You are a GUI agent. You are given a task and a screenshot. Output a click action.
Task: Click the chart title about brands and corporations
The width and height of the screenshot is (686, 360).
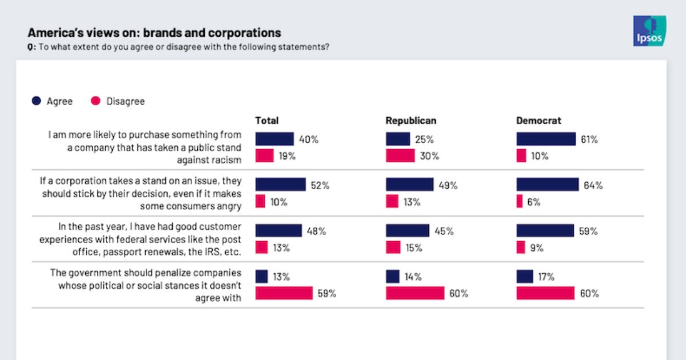(154, 33)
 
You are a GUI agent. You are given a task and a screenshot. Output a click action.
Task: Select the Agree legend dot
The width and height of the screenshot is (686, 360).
(36, 101)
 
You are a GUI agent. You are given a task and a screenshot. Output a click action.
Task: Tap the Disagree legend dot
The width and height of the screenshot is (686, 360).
(96, 101)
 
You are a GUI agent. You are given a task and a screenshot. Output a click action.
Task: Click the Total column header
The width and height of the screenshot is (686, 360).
(267, 121)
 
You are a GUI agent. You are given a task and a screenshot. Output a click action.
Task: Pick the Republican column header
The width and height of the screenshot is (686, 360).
(410, 121)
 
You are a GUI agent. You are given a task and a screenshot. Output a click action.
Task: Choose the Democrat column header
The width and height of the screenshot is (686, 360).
(539, 121)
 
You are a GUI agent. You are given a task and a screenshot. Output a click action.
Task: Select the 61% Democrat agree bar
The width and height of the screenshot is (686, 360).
(546, 139)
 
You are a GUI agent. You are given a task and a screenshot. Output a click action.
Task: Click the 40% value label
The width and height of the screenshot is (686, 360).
(308, 139)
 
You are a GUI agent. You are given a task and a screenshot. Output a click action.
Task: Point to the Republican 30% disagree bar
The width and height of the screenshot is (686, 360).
(400, 156)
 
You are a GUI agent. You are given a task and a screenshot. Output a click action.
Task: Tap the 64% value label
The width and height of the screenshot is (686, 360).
(593, 185)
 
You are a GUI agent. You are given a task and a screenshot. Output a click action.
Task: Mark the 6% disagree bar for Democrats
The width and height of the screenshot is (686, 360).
(520, 202)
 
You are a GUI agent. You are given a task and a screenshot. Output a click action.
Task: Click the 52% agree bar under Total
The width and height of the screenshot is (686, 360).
(281, 185)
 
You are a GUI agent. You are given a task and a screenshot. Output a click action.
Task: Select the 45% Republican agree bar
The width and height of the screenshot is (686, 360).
(408, 231)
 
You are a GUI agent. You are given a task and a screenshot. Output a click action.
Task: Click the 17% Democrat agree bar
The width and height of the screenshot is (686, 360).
(525, 277)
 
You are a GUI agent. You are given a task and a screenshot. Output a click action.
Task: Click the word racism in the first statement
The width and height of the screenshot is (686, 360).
(227, 159)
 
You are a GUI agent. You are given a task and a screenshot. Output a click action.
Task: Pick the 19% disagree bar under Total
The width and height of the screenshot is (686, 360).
(265, 156)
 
